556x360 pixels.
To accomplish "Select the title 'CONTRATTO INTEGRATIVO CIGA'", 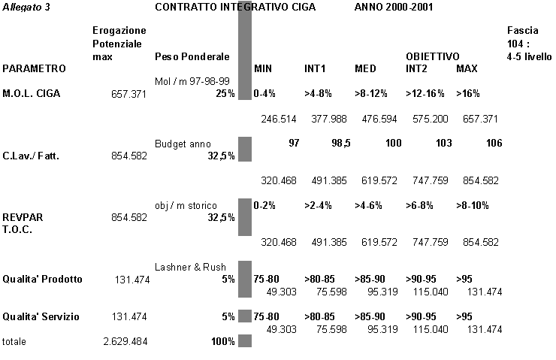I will click(x=234, y=7).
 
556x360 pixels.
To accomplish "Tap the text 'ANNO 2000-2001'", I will click(x=393, y=7).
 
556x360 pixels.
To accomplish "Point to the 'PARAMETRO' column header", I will click(x=34, y=68).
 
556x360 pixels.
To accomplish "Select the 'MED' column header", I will click(x=365, y=68).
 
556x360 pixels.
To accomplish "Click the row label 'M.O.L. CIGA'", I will click(x=32, y=93).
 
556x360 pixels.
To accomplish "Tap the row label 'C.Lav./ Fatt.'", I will click(x=31, y=156).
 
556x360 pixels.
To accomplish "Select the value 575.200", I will click(x=431, y=118).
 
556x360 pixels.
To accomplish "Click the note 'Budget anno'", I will click(x=183, y=144).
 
